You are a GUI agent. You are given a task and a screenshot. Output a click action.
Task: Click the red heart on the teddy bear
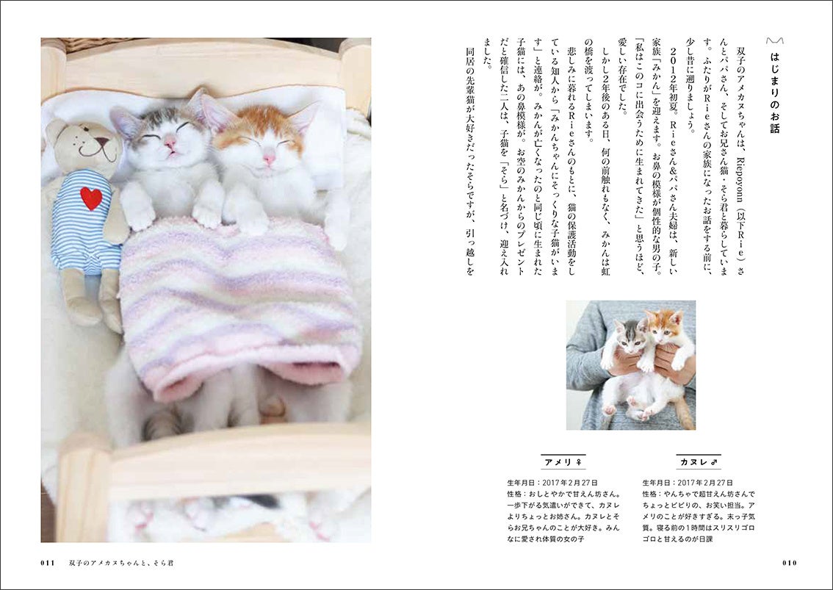coord(91,198)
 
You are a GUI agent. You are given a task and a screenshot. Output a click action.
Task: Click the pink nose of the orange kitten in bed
coord(269,159)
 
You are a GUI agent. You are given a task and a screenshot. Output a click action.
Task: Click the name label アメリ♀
coord(563,462)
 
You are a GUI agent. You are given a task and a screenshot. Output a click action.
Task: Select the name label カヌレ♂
coord(699,462)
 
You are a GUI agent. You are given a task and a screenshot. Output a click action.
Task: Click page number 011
coord(48,563)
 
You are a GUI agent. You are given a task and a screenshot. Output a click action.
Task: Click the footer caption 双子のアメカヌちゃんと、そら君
coord(121,563)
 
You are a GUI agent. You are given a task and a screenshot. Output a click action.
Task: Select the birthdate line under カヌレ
coord(688,483)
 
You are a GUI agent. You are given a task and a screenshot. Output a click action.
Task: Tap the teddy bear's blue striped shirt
coord(85,220)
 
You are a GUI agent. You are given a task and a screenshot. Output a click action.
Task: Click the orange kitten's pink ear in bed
coord(303,116)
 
